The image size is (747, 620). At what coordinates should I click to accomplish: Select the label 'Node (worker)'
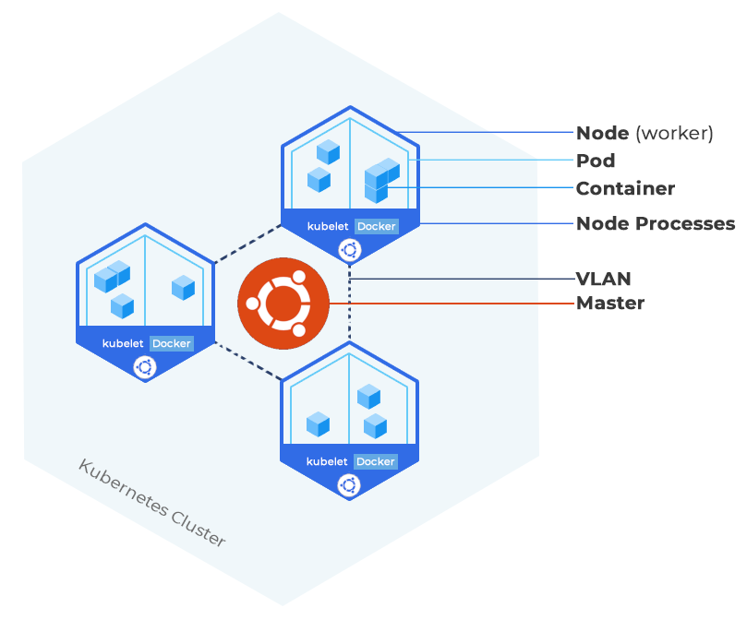(645, 133)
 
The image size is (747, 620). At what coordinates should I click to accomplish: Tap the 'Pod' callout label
(596, 161)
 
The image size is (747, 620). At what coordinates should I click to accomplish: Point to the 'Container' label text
(625, 188)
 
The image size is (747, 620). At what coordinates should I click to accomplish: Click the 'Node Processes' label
(656, 223)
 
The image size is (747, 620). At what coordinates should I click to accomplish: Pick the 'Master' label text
(610, 303)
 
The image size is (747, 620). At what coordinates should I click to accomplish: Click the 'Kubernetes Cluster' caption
(151, 503)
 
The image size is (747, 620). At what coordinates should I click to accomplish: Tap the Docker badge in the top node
(376, 226)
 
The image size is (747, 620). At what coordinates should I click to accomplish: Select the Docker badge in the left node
(171, 343)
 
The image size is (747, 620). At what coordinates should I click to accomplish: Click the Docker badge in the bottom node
(376, 461)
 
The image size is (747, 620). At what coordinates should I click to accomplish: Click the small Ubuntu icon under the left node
(145, 367)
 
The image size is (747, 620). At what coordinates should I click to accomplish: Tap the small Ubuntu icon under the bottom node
(349, 484)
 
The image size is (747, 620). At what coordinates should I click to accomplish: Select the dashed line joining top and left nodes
(247, 244)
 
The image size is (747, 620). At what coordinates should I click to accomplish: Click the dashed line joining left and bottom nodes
(247, 362)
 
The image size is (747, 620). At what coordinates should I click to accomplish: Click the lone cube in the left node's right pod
(183, 287)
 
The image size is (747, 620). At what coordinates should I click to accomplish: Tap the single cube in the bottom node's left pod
(319, 424)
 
